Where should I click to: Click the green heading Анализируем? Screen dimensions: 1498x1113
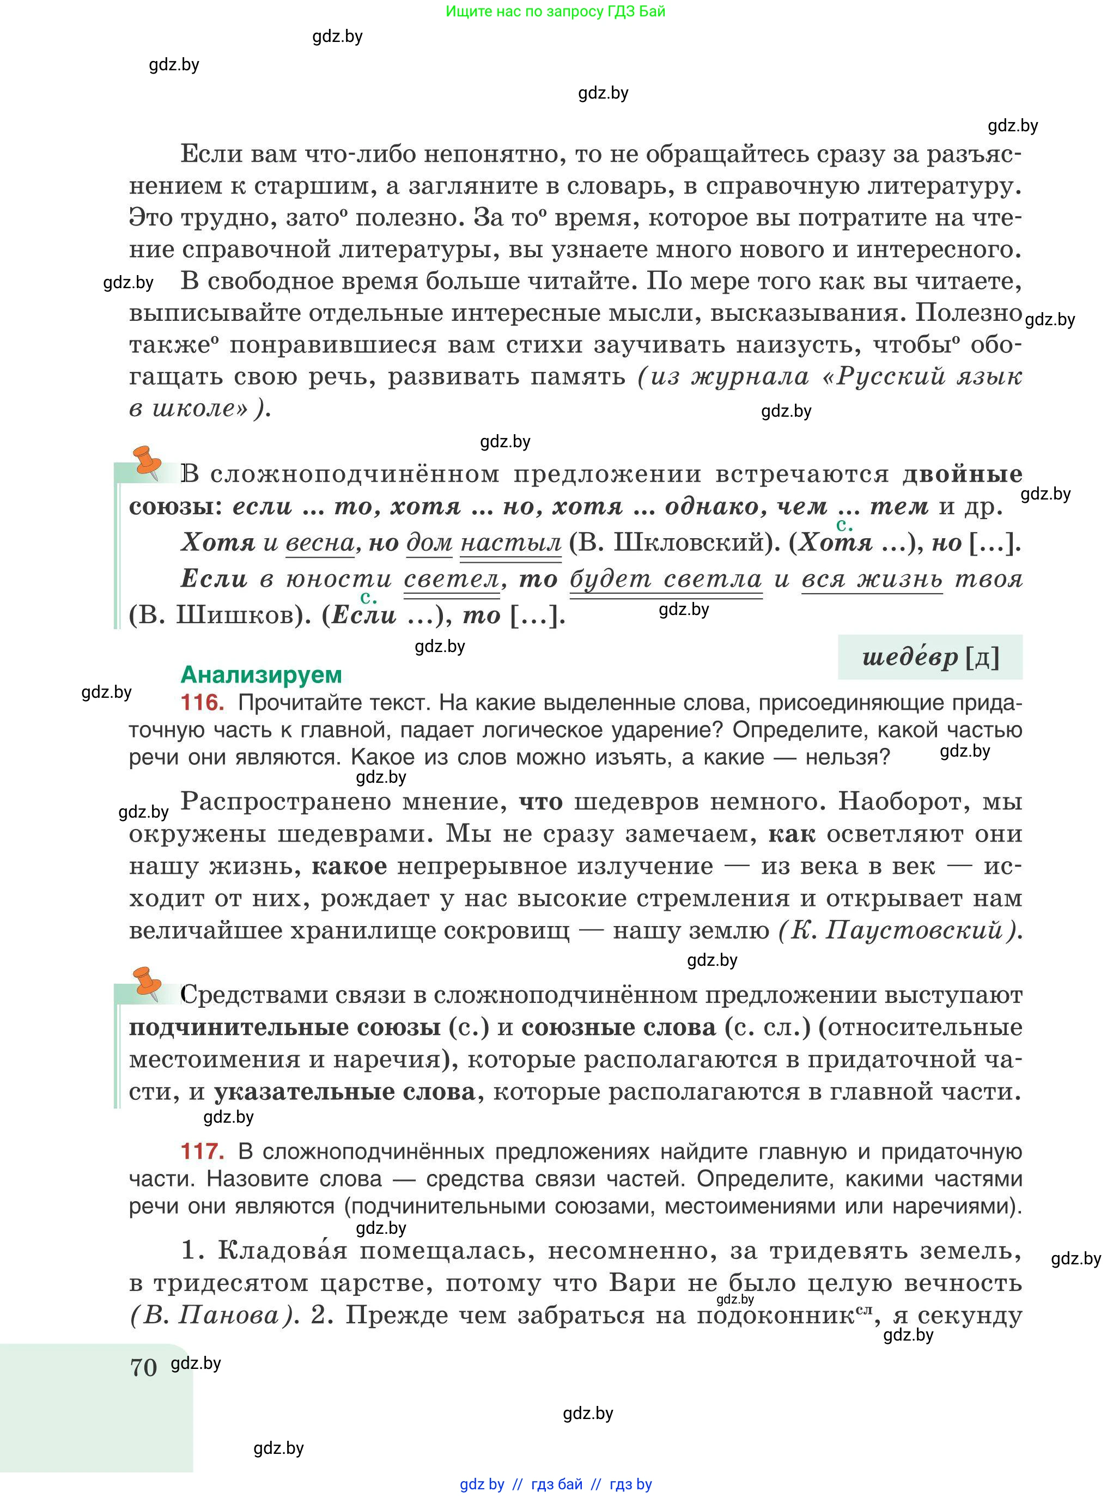[261, 674]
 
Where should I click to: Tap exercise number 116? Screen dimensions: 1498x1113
[202, 703]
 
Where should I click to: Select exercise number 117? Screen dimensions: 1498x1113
[202, 1151]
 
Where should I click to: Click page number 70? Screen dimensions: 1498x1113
[143, 1367]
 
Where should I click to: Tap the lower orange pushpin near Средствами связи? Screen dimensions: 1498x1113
[148, 982]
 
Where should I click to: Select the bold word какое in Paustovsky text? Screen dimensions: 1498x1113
[349, 866]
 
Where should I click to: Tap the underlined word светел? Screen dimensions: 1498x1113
[452, 579]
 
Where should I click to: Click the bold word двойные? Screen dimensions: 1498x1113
[962, 474]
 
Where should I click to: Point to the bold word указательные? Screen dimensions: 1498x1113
[344, 1092]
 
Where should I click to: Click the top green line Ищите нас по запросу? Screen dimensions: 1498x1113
[555, 11]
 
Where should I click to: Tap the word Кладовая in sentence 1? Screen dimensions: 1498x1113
[283, 1251]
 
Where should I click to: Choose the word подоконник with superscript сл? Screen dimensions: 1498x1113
[775, 1316]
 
